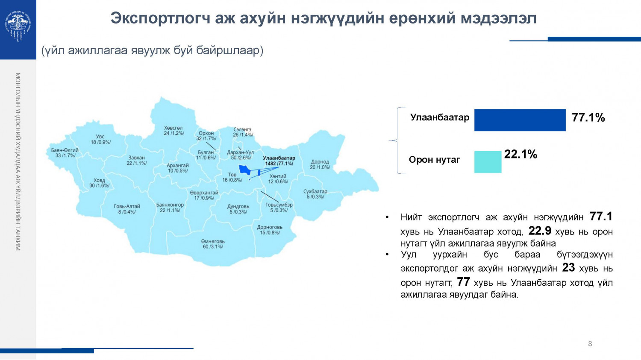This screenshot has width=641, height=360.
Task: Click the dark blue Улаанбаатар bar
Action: [520, 120]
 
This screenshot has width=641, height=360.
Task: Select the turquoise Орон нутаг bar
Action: [488, 162]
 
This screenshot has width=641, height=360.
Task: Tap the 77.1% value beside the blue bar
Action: [588, 117]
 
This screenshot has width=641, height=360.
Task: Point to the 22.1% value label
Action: [520, 154]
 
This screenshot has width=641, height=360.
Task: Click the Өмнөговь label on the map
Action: [213, 244]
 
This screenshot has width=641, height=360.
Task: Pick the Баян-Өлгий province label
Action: [65, 153]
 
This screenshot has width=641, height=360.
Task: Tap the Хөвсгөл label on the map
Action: [173, 130]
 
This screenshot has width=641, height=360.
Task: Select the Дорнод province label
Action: [320, 164]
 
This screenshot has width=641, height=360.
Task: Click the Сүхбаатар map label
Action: [315, 194]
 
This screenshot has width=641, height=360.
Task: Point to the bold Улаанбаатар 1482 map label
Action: [279, 161]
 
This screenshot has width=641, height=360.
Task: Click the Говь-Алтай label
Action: [127, 209]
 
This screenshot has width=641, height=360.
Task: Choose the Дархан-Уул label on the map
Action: [241, 155]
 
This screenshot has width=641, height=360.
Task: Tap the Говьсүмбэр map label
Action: [279, 208]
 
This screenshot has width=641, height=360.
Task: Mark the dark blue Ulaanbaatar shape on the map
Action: [245, 169]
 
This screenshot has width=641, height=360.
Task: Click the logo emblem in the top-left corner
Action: [18, 26]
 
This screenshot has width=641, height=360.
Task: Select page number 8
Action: [590, 343]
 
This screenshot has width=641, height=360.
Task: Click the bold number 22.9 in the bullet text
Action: [540, 231]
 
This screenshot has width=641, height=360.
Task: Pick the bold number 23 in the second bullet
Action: [568, 268]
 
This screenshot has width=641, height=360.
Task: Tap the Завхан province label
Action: [137, 160]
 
